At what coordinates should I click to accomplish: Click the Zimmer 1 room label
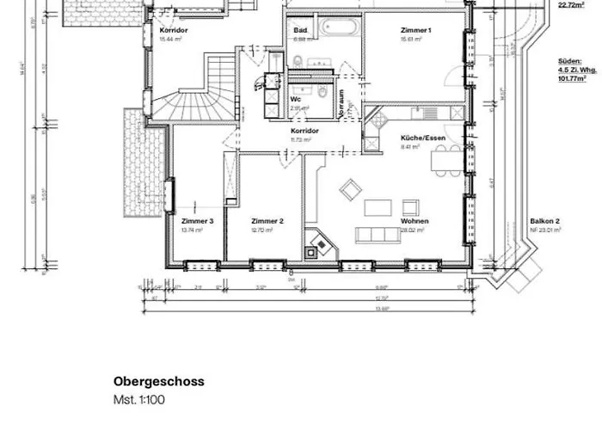click(415, 30)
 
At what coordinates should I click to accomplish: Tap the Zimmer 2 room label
click(267, 221)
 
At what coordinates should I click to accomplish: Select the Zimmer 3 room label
click(197, 221)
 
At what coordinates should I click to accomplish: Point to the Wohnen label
click(414, 221)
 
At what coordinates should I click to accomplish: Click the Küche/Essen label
click(421, 138)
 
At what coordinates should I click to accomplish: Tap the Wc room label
click(295, 99)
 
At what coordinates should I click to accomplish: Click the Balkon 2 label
click(544, 221)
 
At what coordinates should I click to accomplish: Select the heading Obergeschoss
click(159, 381)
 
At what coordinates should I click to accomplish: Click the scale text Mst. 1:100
click(139, 400)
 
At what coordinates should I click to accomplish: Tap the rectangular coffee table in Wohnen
click(378, 207)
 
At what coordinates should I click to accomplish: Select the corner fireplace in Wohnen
click(318, 246)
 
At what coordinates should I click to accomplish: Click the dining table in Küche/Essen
click(446, 158)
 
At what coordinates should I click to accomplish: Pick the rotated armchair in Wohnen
click(350, 189)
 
